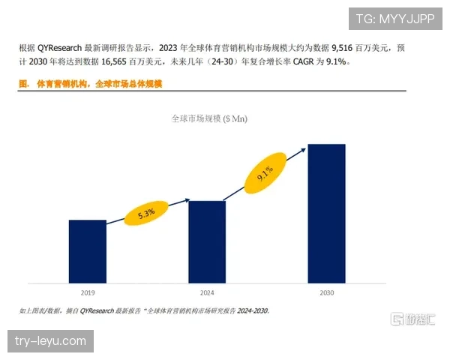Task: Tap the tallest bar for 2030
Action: tap(326, 214)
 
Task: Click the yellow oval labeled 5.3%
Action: tap(146, 213)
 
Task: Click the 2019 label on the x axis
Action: tap(87, 291)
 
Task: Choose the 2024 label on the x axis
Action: tap(207, 291)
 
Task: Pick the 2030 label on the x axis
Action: tap(326, 291)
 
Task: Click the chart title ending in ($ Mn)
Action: tap(209, 118)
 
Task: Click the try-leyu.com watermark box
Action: tap(50, 342)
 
